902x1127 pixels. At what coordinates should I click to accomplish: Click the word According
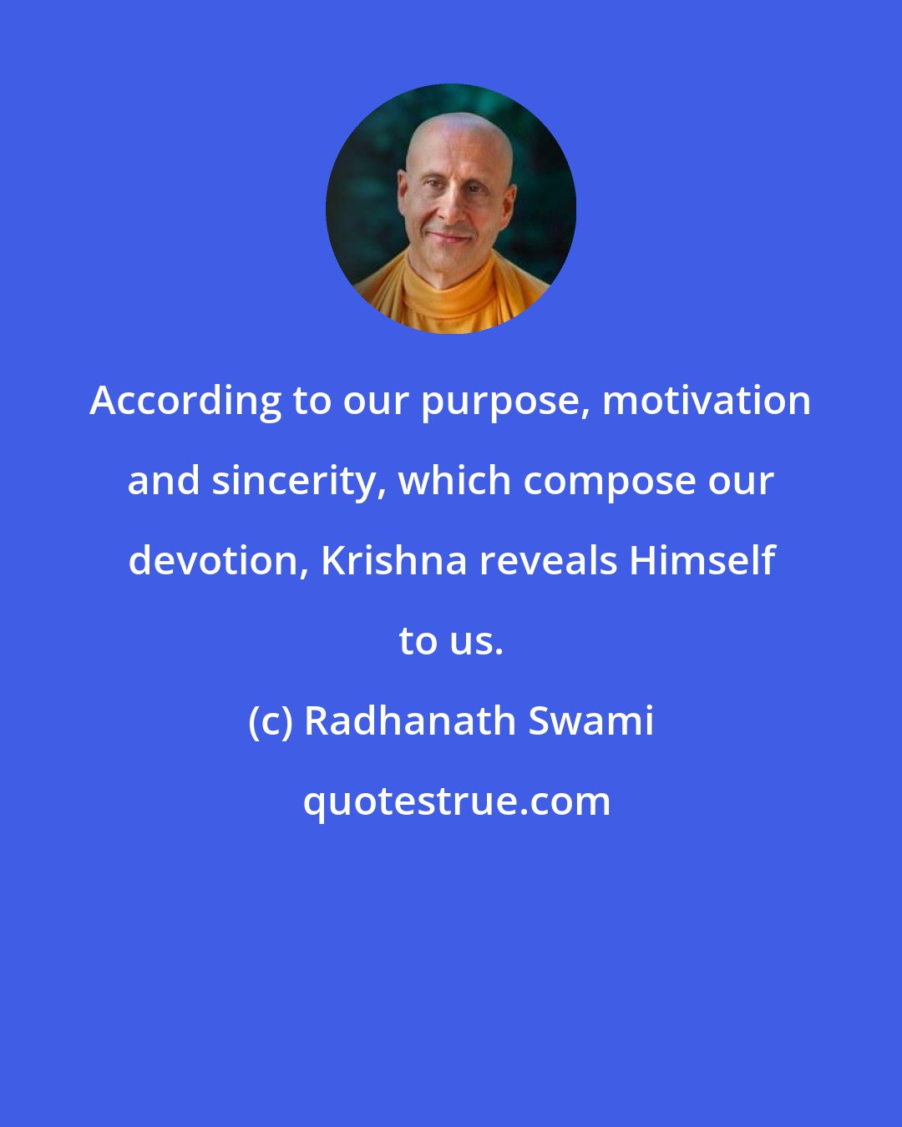coord(185,401)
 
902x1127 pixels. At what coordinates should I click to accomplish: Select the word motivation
coord(707,401)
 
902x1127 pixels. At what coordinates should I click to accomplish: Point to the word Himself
coord(702,560)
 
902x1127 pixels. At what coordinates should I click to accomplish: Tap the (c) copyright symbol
coord(270,721)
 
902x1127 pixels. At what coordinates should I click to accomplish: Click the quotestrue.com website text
coord(456,801)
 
